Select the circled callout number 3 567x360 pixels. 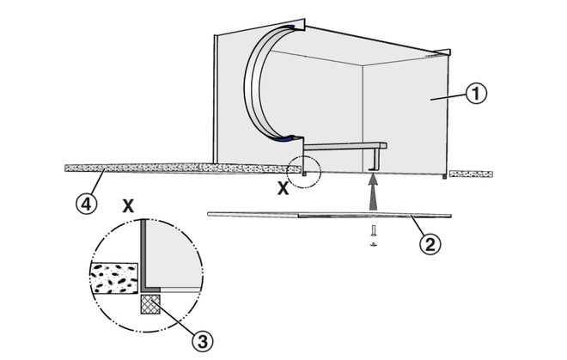[x=201, y=341]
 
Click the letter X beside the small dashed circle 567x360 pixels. [x=283, y=189]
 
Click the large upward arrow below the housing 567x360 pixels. [x=371, y=195]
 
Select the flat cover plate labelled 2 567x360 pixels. [x=326, y=214]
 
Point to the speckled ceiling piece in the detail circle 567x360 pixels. [x=114, y=279]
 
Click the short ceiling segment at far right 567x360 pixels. [x=471, y=174]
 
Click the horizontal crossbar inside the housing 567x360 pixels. [x=344, y=146]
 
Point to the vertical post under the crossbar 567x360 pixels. [x=376, y=159]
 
